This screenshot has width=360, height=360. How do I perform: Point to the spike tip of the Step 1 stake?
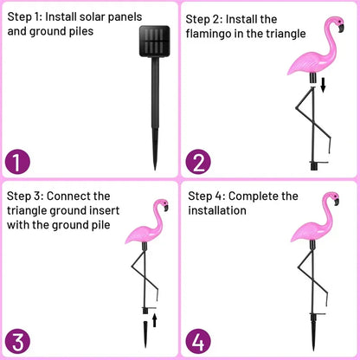[x=156, y=167]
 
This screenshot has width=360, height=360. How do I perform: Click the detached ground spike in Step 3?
[x=142, y=333]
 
